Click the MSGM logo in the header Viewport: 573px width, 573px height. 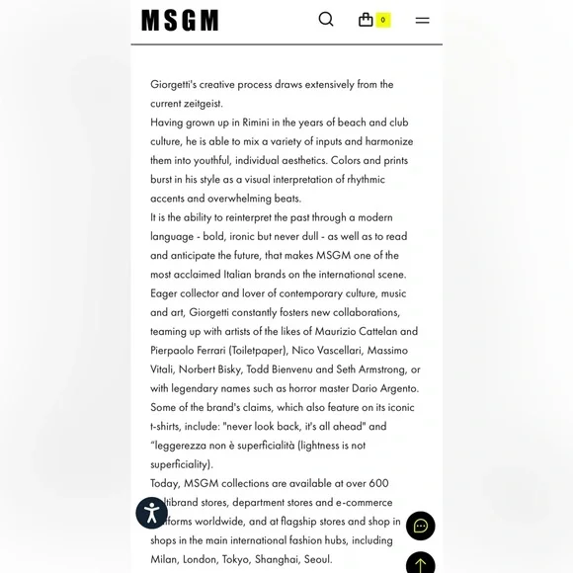180,21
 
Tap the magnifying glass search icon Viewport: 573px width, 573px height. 326,20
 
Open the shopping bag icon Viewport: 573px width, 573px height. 366,20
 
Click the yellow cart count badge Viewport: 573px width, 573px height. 383,20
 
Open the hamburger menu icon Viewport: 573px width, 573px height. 422,20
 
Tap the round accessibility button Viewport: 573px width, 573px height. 151,513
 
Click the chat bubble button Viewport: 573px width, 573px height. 420,526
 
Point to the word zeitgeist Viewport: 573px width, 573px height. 202,104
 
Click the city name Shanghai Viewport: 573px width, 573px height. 278,559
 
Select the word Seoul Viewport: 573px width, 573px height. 319,559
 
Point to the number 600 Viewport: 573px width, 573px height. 379,483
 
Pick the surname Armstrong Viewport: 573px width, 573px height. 373,369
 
